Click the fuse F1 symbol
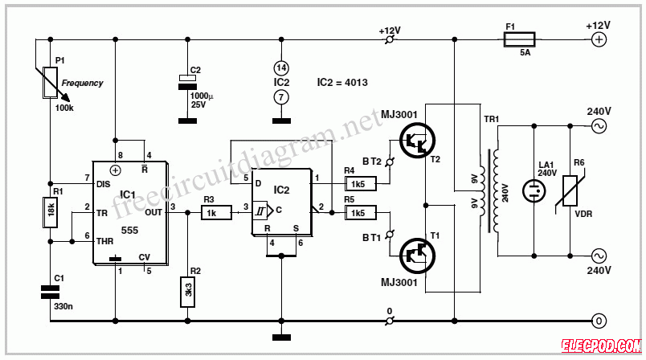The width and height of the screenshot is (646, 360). coord(520,39)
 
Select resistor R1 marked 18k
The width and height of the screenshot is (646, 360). coord(51,212)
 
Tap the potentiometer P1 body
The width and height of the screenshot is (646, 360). coord(51,83)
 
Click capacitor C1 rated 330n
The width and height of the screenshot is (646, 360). coord(51,292)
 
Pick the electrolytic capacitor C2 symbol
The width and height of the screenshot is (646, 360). coord(187,83)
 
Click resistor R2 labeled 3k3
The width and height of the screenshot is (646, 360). coord(187,292)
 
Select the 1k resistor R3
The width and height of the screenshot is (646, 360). coord(216,212)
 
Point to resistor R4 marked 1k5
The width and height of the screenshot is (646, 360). coord(361,184)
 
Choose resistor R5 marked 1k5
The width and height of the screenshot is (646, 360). coord(361,212)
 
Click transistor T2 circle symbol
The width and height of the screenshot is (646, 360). coord(417,141)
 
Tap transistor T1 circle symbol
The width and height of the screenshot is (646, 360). coord(417,256)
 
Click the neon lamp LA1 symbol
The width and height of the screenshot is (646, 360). coord(534,190)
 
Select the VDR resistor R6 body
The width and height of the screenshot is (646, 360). coord(570,190)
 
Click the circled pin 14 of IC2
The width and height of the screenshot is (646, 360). coord(281,68)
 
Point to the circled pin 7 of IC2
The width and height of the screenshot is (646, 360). coord(281,97)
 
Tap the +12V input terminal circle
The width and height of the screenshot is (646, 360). coord(599,39)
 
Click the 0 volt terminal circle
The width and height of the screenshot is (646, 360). coord(599,321)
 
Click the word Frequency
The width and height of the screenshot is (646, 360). coord(83,84)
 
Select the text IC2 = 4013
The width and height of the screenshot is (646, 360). coord(342,83)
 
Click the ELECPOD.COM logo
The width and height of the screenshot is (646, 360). coord(602,346)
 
